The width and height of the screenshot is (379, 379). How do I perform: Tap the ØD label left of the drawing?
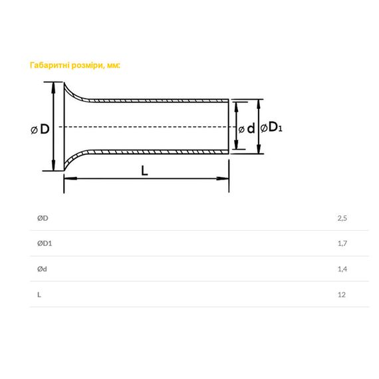(40, 129)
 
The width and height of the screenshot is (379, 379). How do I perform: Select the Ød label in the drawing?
(247, 128)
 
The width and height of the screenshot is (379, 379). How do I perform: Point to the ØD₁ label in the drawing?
(271, 127)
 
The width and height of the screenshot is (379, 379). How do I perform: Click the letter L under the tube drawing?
(144, 171)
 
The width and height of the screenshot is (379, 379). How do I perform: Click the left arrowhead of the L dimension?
(70, 178)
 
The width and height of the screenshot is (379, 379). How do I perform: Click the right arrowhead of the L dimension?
(222, 178)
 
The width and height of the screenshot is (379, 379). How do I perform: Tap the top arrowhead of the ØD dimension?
(53, 88)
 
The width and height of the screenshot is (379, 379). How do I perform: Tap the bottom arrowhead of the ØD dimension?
(53, 164)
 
